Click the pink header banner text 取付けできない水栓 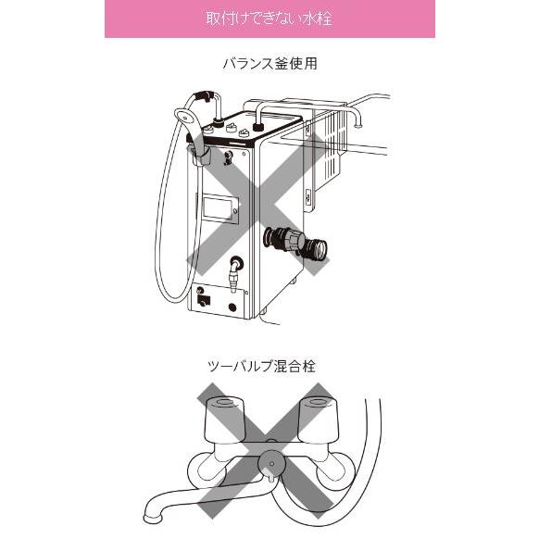pos(269,19)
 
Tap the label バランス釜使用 pos(269,64)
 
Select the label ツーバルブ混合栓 pos(269,366)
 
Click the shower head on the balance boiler pos(182,117)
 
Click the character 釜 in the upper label pos(277,64)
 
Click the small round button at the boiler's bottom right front pos(232,307)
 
